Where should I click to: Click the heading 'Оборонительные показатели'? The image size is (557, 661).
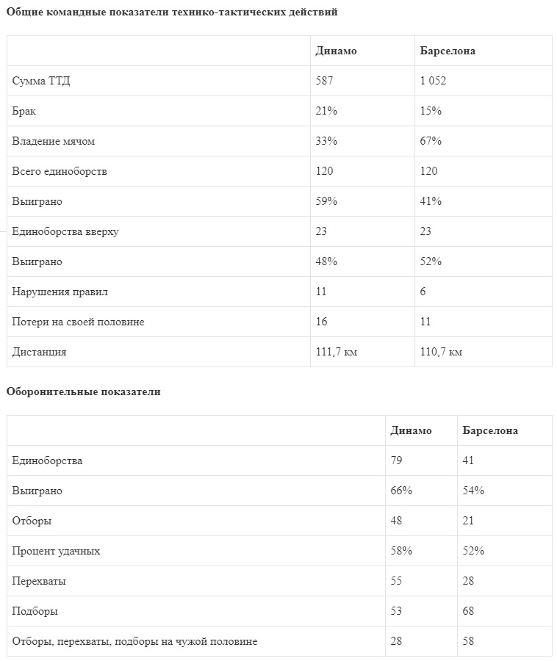click(83, 391)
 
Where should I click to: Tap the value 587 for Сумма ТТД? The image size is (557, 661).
click(324, 81)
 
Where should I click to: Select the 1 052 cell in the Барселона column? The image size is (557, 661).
click(433, 81)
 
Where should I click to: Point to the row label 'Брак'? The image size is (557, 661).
click(24, 111)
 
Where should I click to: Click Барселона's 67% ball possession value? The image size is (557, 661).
click(431, 141)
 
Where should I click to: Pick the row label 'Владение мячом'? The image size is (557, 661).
click(53, 141)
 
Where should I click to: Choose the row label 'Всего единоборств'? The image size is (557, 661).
click(60, 171)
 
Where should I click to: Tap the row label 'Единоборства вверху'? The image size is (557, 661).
click(65, 231)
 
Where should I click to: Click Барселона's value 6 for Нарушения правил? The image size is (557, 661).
click(423, 292)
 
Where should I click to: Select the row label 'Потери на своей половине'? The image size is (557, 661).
click(78, 322)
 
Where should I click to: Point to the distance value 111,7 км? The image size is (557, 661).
click(337, 352)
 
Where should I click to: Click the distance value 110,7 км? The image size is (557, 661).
click(441, 352)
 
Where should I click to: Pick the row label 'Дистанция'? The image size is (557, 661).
click(39, 352)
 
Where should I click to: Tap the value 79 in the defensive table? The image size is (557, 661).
click(397, 460)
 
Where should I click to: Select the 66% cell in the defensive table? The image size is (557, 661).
click(401, 491)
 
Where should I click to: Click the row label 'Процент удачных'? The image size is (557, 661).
click(56, 551)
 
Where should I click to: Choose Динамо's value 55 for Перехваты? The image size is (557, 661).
click(397, 581)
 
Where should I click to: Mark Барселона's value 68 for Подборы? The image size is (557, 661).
click(469, 611)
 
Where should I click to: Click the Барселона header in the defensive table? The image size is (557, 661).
click(490, 430)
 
